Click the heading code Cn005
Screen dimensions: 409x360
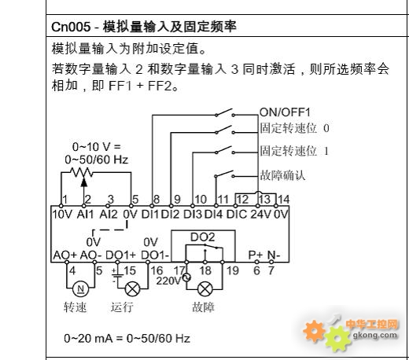71,27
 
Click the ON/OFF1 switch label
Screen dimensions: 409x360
285,112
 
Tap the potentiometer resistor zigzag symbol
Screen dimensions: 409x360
81,172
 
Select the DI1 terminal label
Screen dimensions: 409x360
150,215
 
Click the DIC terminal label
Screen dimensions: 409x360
237,215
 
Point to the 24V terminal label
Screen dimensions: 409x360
261,215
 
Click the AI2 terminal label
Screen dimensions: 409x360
109,215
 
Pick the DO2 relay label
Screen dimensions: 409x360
203,237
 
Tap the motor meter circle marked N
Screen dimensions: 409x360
80,289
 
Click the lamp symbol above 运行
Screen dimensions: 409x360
133,289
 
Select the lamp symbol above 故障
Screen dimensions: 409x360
205,289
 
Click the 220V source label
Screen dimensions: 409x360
168,281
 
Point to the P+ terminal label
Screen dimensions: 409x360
256,255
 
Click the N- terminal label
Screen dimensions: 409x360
274,255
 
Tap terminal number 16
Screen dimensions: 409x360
157,270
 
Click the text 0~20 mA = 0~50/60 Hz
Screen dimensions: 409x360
127,338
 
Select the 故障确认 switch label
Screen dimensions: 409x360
282,175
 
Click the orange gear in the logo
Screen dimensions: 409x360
315,331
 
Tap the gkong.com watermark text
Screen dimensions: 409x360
375,335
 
